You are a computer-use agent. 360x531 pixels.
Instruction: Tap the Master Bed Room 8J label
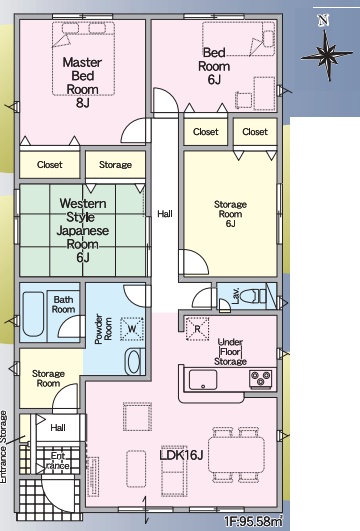[82, 82]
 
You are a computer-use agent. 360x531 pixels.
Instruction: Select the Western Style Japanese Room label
[83, 230]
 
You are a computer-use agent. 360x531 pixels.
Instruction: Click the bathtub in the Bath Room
[33, 314]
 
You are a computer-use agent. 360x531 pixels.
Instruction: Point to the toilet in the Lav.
[253, 296]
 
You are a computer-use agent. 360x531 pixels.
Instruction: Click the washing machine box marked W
[132, 328]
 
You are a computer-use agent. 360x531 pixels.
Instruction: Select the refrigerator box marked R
[197, 328]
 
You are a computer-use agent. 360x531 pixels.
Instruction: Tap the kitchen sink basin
[203, 380]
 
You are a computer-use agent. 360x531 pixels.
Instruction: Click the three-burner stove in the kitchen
[260, 379]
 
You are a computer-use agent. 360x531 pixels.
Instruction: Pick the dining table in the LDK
[236, 455]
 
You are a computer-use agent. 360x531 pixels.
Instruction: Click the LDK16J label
[181, 455]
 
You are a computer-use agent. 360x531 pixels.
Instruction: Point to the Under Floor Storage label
[230, 352]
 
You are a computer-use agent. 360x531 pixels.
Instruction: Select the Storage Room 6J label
[230, 214]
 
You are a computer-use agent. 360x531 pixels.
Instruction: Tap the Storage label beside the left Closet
[115, 165]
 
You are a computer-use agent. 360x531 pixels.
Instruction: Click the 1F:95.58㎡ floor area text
[253, 522]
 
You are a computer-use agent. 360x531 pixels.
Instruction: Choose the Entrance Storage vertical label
[3, 447]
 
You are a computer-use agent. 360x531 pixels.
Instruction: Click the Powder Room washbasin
[134, 362]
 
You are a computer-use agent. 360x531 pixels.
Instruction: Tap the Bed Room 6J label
[214, 66]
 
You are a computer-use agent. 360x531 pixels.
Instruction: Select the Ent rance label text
[58, 461]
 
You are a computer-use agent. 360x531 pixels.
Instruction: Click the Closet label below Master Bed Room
[50, 165]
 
